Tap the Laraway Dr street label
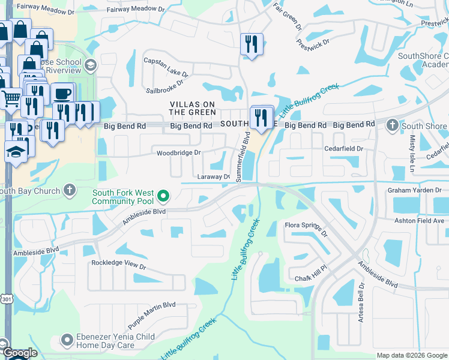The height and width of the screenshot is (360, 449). pos(214,177)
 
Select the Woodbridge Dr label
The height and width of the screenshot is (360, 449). pos(178,153)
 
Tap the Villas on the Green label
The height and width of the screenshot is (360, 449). pos(192,108)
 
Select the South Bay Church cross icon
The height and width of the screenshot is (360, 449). pos(70,191)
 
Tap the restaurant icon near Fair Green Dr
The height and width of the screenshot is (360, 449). pos(250,44)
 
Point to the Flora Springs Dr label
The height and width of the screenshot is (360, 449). pos(307,229)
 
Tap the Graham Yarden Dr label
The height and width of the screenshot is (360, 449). pos(414,190)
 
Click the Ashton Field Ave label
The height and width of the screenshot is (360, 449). pos(419,221)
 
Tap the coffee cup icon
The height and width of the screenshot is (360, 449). pos(62,94)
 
